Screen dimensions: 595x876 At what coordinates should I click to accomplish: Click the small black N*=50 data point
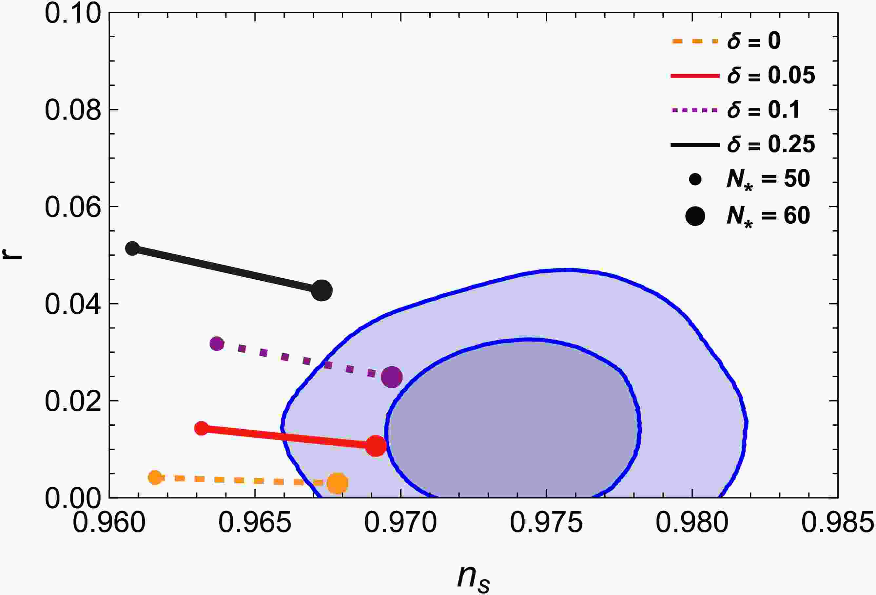(132, 248)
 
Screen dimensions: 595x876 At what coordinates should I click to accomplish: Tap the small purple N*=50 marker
(217, 344)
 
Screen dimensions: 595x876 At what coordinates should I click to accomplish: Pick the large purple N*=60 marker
(392, 377)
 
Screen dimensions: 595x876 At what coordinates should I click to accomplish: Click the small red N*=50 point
(202, 428)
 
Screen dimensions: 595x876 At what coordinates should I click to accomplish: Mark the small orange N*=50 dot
(155, 477)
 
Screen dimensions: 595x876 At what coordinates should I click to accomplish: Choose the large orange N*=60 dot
(337, 483)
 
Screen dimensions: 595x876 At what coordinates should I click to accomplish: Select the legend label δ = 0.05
(771, 75)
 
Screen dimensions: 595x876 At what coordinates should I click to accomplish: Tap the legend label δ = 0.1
(763, 110)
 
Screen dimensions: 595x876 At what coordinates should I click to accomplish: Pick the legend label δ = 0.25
(771, 144)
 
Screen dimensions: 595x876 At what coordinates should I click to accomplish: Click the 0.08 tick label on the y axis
(73, 110)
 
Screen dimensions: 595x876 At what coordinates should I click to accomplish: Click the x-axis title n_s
(474, 578)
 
